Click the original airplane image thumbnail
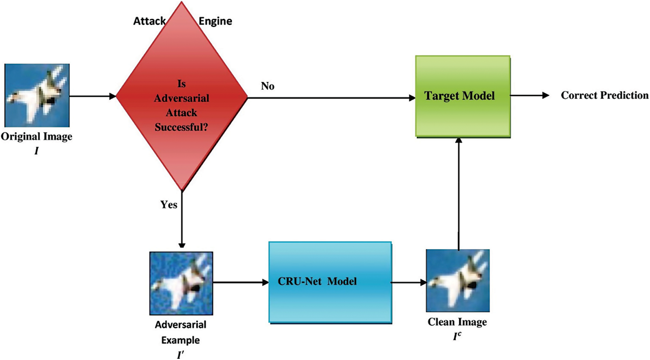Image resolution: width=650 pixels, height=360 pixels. [x=37, y=96]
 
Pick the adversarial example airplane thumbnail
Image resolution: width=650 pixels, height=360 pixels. [x=181, y=283]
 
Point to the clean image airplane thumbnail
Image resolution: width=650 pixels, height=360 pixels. [x=458, y=281]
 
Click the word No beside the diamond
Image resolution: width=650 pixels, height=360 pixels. [x=268, y=86]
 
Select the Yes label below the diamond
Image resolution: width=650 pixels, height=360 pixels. [x=169, y=204]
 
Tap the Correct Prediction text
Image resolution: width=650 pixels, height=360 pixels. [x=604, y=96]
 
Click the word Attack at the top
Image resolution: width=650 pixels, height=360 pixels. [x=149, y=21]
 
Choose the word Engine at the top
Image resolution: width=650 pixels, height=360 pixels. [x=215, y=21]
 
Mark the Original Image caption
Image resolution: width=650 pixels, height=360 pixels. [x=36, y=136]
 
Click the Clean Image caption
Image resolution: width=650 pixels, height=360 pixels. [x=457, y=322]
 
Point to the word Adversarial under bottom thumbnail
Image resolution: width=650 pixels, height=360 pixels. [x=181, y=325]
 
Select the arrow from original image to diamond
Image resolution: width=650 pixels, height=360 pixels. [x=93, y=96]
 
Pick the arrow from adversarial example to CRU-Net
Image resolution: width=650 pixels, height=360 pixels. [x=241, y=282]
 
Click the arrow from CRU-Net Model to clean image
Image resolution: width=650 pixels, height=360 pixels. [x=409, y=282]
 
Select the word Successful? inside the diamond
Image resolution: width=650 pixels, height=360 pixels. [x=181, y=127]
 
